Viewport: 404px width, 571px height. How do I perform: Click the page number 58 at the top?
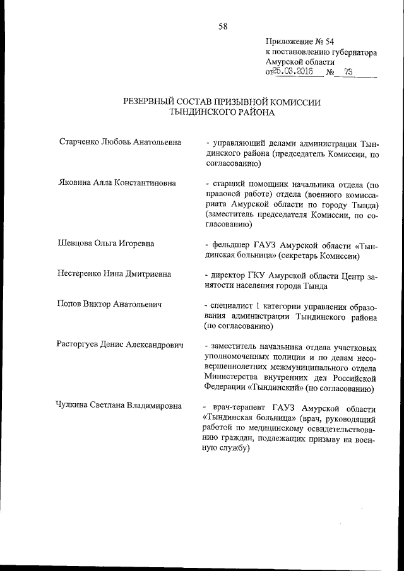click(223, 26)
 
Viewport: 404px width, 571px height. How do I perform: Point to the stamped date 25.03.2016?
click(294, 72)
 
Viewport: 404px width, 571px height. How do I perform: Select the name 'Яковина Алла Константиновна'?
click(116, 183)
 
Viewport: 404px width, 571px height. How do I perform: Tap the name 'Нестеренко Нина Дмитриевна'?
click(114, 274)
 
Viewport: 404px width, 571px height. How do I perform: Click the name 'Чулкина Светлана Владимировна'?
click(119, 405)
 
